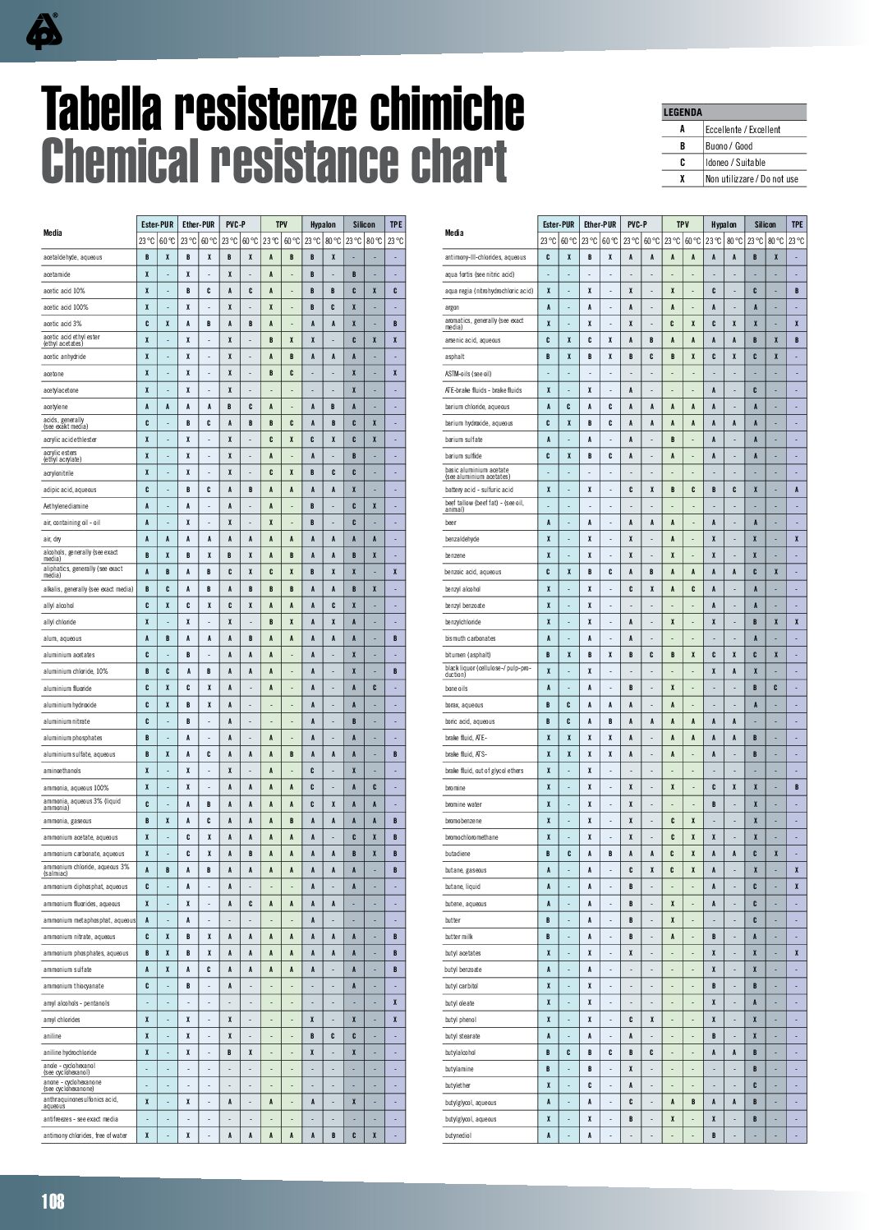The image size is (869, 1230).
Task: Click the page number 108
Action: click(x=53, y=1202)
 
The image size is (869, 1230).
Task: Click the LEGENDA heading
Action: click(x=683, y=113)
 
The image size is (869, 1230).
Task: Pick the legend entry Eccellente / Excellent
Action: click(x=743, y=130)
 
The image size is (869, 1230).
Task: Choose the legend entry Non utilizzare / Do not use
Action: click(x=752, y=179)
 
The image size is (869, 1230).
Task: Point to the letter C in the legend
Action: click(x=682, y=163)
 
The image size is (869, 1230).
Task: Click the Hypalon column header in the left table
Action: click(x=323, y=224)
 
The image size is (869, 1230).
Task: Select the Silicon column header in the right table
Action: click(x=766, y=224)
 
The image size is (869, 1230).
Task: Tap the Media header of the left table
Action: click(x=53, y=233)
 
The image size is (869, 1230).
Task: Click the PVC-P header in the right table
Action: click(x=637, y=224)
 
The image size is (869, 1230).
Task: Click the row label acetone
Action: click(x=53, y=374)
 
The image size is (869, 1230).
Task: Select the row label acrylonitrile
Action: click(x=59, y=473)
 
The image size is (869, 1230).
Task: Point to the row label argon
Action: click(x=453, y=307)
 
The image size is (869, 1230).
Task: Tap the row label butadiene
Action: click(x=458, y=854)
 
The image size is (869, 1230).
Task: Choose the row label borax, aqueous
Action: click(x=464, y=705)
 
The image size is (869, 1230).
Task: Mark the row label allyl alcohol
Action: click(x=58, y=606)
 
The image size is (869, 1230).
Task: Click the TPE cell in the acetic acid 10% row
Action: click(x=395, y=291)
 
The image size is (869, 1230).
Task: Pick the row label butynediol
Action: click(x=458, y=1136)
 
